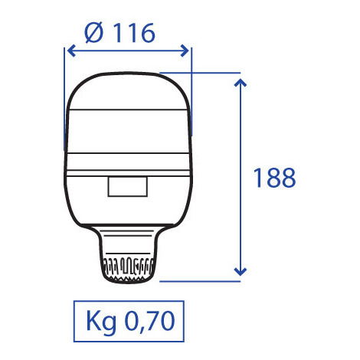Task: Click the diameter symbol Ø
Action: pos(90,32)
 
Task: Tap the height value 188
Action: pos(273,178)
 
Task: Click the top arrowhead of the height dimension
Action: pos(241,80)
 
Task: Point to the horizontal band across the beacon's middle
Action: pos(128,150)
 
